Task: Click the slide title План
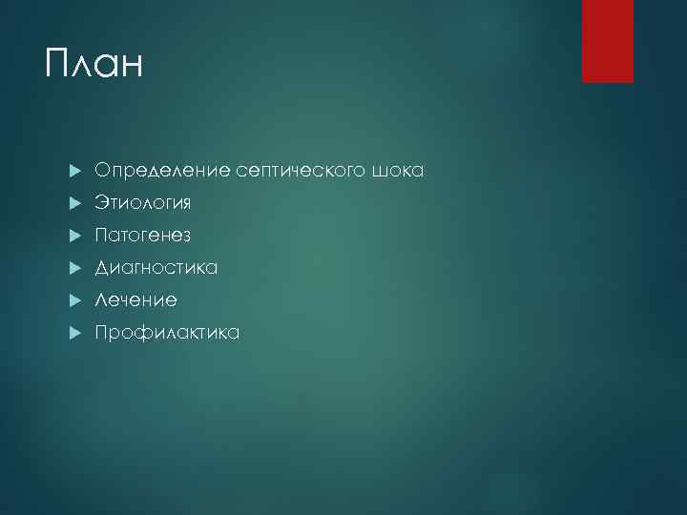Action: (93, 66)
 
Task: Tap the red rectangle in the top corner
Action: (608, 41)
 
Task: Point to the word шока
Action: (402, 171)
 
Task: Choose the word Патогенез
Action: (142, 236)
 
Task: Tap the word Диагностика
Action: (156, 268)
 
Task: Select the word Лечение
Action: (135, 300)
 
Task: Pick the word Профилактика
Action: (167, 333)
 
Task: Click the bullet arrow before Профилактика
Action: (75, 334)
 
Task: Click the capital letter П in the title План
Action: (58, 66)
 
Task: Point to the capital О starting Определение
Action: (101, 171)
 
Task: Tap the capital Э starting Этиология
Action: (100, 203)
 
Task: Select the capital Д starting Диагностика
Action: (101, 268)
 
